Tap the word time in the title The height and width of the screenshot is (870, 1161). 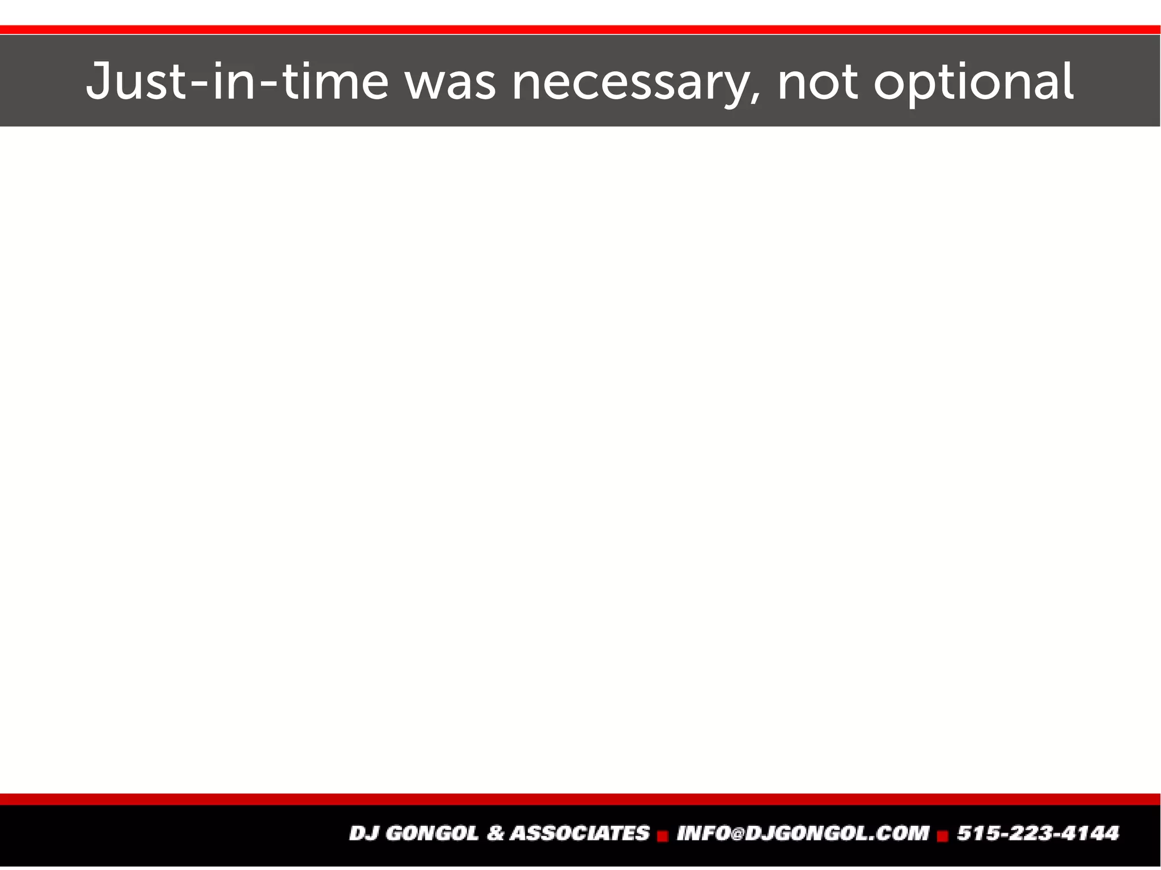[335, 82]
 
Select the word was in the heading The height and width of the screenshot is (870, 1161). [451, 83]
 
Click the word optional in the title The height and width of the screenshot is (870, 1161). [973, 83]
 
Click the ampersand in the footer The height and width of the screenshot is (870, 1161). [495, 833]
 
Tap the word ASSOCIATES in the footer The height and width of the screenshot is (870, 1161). [579, 833]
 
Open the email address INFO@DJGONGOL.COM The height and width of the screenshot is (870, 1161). [803, 833]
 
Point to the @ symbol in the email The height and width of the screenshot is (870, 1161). [736, 834]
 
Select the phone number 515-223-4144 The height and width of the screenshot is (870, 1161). [1037, 833]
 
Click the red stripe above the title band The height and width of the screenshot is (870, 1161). [580, 29]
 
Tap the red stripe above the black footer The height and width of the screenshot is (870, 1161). [580, 799]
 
